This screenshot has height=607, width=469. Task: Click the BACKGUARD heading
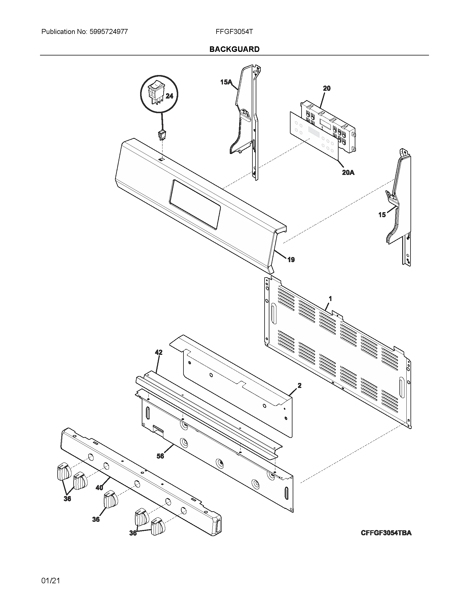pos(234,49)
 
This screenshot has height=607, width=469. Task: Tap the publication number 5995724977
pos(108,32)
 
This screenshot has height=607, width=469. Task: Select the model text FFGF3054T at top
pos(234,32)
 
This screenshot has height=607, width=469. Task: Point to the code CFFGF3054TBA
pos(386,533)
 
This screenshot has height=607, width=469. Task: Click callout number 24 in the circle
pos(169,96)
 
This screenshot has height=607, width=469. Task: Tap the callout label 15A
pos(226,82)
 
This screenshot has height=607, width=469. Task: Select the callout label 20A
pos(348,173)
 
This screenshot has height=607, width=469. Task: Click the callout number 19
pos(291,260)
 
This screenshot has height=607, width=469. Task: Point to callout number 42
pos(158,352)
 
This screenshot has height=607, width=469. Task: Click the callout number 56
pos(160,456)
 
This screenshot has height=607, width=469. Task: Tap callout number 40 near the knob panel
pos(99,488)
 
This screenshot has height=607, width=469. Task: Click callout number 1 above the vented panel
pos(330,299)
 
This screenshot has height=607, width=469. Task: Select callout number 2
pos(299,385)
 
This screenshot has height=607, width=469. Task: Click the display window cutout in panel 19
pos(194,204)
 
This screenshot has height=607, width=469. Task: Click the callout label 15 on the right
pos(382,215)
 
